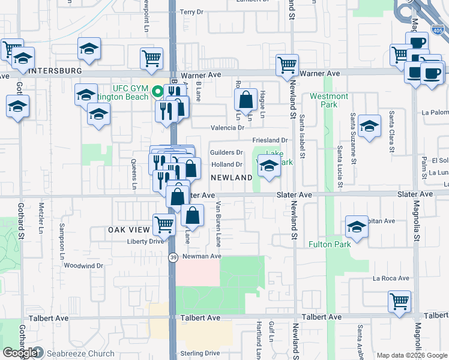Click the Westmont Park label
(x=329, y=100)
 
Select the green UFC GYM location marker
(x=157, y=92)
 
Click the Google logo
(x=20, y=353)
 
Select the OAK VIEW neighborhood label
(x=128, y=230)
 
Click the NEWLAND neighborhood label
(x=231, y=178)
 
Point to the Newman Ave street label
(x=202, y=256)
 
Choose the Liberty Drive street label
(x=145, y=241)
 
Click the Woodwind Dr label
(x=83, y=265)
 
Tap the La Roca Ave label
(x=391, y=278)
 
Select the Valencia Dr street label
(x=228, y=128)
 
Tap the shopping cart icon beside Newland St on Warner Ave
(x=288, y=64)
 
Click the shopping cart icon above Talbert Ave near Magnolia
(x=399, y=301)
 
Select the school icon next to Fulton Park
(x=357, y=227)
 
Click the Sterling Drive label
(x=200, y=353)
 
